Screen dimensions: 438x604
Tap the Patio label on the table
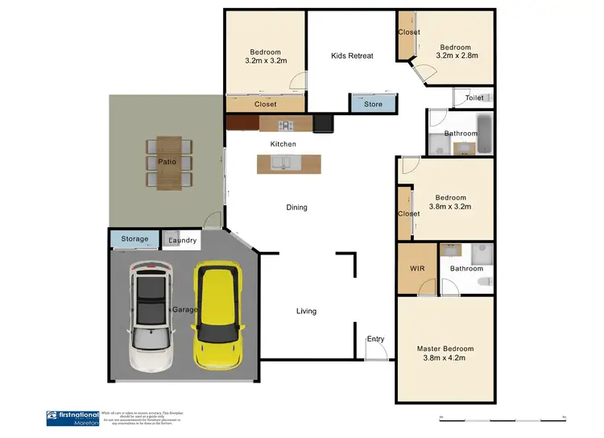click(x=168, y=162)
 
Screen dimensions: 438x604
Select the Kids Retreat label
click(x=352, y=56)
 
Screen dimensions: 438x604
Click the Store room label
click(x=373, y=104)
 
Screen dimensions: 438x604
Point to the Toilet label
click(x=474, y=98)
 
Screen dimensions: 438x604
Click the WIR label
click(x=417, y=268)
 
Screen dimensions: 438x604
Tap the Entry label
click(x=375, y=339)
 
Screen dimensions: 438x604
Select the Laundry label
click(x=182, y=240)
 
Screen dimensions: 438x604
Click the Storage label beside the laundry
click(x=134, y=239)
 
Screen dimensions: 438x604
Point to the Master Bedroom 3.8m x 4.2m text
click(x=445, y=354)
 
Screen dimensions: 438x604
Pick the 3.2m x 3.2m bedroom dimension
click(x=266, y=60)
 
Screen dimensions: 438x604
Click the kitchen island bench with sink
click(x=288, y=164)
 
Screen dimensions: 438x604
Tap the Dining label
click(x=296, y=208)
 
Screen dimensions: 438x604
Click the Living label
click(x=306, y=311)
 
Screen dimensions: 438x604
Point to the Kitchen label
click(x=283, y=144)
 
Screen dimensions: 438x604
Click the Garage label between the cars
click(x=184, y=309)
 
